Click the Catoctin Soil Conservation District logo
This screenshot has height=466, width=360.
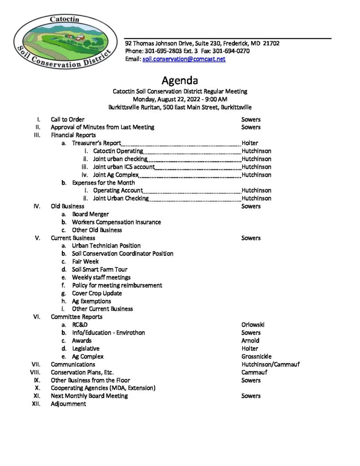click(x=63, y=42)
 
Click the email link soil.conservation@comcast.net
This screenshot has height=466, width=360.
click(x=184, y=59)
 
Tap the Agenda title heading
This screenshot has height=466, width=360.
click(x=180, y=81)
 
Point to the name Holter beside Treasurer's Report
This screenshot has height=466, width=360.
click(x=250, y=143)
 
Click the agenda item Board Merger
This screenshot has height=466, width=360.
click(x=90, y=214)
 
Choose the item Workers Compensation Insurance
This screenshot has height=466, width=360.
click(x=116, y=222)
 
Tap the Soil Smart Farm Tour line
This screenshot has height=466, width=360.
click(x=100, y=269)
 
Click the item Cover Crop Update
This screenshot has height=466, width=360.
click(x=97, y=293)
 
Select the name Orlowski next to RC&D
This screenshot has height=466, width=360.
click(x=253, y=325)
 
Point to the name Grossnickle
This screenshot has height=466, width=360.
click(x=256, y=356)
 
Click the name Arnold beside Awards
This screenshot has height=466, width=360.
click(x=250, y=340)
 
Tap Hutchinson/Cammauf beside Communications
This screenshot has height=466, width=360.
click(x=270, y=365)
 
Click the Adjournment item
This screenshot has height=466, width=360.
click(x=68, y=404)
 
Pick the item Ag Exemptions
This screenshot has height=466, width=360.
click(x=91, y=301)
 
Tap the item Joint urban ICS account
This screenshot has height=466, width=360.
click(x=124, y=167)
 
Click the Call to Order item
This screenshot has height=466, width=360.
click(x=67, y=120)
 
